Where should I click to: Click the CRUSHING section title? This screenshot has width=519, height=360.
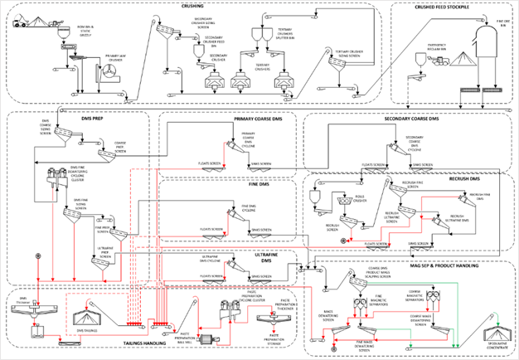tap(192, 7)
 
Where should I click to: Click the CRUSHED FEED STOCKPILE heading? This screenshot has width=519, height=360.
tap(444, 7)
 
